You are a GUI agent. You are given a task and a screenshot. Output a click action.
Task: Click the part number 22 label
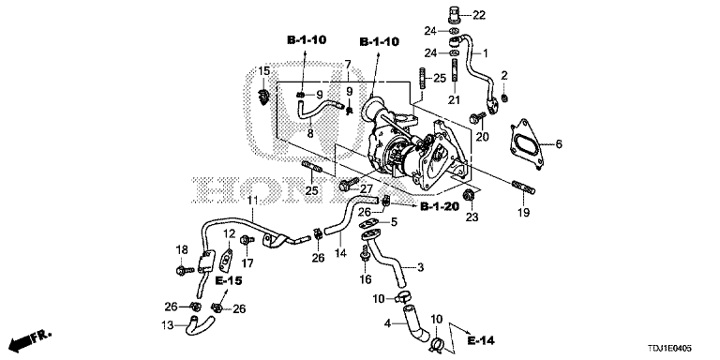(479, 15)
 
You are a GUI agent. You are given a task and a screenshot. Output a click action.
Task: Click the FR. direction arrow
(29, 339)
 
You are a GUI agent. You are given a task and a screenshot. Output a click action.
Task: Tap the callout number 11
(251, 202)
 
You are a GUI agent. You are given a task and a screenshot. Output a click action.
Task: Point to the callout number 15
(264, 71)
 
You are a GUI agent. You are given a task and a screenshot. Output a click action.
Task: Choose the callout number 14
(340, 253)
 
